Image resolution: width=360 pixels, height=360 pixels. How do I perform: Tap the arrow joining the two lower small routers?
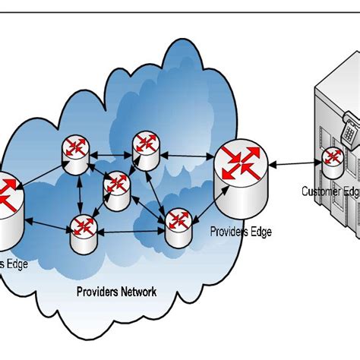click(x=130, y=231)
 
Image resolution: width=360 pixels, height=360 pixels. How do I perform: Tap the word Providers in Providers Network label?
click(x=96, y=292)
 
